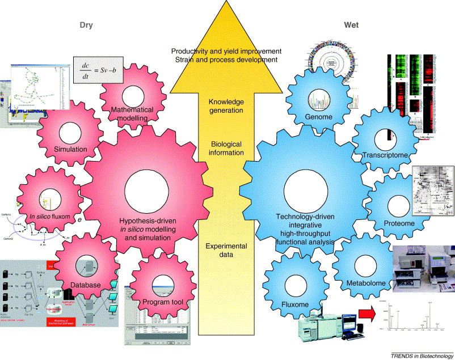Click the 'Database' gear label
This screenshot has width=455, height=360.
point(85,285)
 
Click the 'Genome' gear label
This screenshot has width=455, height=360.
point(318,117)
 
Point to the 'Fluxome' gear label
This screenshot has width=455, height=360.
point(295,304)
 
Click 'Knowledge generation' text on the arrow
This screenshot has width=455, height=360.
point(226,106)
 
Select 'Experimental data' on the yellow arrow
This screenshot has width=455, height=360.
point(226,249)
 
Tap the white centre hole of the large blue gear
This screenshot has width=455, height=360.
point(305,192)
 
